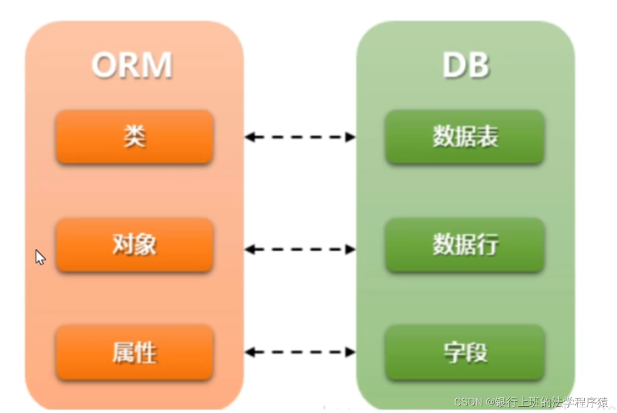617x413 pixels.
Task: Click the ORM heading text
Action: (x=132, y=66)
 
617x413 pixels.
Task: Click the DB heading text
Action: (x=465, y=66)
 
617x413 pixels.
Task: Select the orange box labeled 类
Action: (x=135, y=137)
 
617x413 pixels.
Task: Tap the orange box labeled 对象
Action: (x=135, y=245)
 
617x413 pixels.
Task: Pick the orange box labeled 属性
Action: (x=135, y=352)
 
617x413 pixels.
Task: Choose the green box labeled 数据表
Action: (x=465, y=137)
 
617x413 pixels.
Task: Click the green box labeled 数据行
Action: (x=465, y=245)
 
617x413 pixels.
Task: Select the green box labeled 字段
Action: (x=465, y=352)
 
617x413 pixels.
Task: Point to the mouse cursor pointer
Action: (x=40, y=257)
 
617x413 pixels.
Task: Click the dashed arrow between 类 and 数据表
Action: (x=300, y=137)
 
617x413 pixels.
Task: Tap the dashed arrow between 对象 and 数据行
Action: (x=300, y=249)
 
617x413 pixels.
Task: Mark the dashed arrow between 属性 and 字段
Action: (x=300, y=352)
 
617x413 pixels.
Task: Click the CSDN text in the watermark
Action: (x=467, y=402)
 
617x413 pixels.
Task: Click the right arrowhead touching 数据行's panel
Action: (x=351, y=249)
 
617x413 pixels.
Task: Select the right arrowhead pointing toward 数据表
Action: (x=351, y=137)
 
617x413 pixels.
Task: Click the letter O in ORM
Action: (x=104, y=66)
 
